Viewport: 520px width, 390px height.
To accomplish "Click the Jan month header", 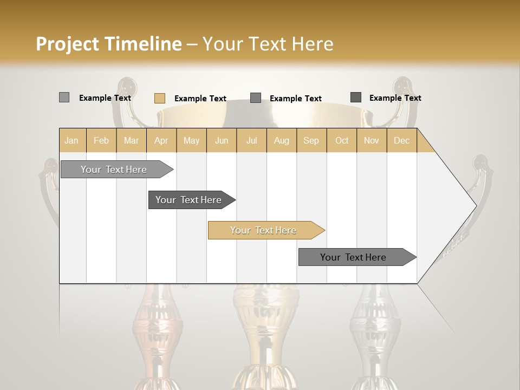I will pos(71,140).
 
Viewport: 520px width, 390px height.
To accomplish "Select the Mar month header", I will pos(131,140).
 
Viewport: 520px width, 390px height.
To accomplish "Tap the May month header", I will pos(191,140).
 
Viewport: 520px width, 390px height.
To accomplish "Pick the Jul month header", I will pos(251,140).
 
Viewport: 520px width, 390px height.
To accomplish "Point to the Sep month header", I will pos(311,140).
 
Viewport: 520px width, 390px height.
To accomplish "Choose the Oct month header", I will pos(342,140).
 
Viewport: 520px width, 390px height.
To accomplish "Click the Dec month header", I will pos(401,140).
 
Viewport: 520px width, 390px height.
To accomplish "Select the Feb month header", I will pos(101,140).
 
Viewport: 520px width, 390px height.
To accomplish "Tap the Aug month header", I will pos(281,140).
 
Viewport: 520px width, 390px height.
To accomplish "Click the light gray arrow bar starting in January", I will pos(114,170).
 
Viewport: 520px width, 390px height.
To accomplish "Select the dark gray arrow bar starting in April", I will pos(188,200).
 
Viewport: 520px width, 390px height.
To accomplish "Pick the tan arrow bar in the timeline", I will pos(263,230).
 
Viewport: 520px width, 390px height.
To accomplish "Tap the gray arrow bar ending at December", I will pos(353,257).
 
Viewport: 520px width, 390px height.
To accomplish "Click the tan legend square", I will pos(160,98).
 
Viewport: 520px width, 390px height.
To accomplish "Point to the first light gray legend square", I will pos(64,97).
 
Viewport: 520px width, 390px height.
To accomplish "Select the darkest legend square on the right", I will pos(356,97).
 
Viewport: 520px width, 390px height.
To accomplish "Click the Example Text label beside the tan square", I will pos(200,99).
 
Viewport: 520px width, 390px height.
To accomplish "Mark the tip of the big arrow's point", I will pos(476,205).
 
